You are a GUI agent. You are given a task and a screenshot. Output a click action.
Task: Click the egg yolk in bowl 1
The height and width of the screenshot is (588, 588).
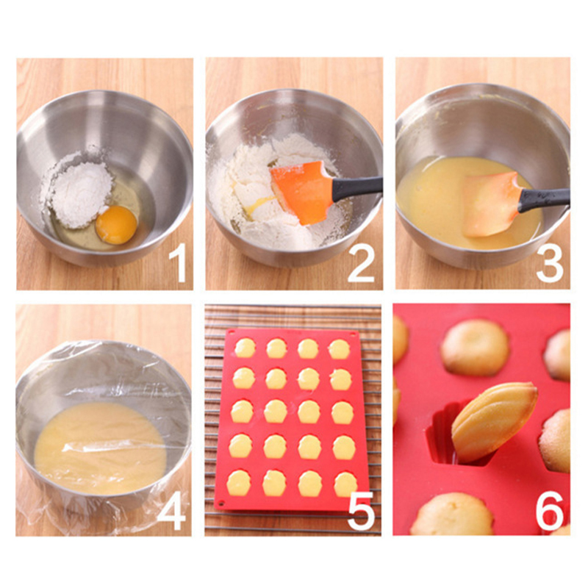(116, 224)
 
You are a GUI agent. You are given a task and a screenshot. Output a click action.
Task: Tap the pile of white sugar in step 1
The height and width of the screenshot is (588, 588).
(82, 194)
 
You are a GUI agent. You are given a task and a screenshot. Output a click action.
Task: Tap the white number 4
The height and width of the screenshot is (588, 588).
(171, 511)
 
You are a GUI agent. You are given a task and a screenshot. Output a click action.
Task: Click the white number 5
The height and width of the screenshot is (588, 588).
(362, 511)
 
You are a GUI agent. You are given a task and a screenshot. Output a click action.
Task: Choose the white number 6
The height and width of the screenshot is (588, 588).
(550, 511)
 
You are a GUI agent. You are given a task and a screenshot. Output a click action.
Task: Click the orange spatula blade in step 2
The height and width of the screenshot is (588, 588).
(302, 193)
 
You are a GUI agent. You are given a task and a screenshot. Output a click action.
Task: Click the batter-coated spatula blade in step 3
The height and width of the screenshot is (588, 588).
(490, 204)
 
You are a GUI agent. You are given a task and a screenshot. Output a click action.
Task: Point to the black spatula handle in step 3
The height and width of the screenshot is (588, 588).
(544, 199)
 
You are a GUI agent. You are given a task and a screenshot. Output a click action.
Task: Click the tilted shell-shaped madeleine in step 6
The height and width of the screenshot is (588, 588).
(494, 422)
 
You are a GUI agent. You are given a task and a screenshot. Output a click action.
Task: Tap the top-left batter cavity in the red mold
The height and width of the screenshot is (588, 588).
(245, 348)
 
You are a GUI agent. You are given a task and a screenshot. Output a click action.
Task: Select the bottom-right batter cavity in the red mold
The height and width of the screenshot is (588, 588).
(345, 484)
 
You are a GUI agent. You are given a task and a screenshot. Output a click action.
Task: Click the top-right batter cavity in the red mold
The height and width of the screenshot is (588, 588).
(340, 349)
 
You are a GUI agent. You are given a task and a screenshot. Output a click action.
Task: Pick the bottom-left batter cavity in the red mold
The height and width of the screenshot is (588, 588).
(238, 483)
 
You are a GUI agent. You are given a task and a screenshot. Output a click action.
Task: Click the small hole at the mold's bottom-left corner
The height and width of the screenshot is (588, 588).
(221, 502)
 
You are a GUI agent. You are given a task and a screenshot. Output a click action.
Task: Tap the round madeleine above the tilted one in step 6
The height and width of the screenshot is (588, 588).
(475, 347)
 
